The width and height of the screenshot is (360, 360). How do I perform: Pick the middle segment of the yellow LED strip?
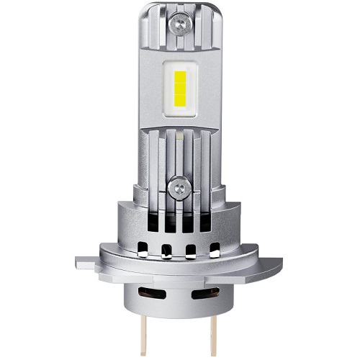180,91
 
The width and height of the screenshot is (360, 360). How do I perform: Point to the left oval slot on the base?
155,294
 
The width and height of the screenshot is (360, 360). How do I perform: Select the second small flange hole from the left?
166,252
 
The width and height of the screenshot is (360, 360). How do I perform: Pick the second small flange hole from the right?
192,252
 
